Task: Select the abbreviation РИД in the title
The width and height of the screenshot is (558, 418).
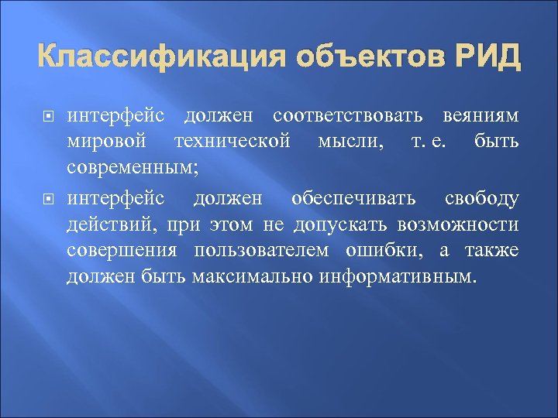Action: click(x=487, y=59)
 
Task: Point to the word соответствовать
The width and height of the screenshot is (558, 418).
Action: click(x=348, y=116)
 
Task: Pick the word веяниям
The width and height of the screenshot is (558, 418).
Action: click(x=480, y=116)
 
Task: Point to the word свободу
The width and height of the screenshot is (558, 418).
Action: click(x=481, y=199)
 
